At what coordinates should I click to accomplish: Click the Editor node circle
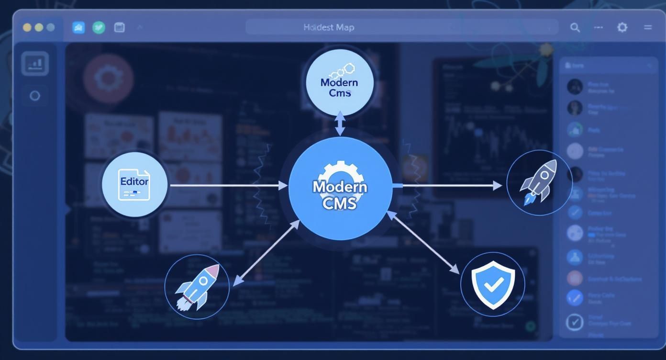[135, 185]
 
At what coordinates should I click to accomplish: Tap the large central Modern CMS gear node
[340, 188]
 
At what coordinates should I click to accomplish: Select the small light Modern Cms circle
[339, 81]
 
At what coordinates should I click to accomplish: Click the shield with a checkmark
[493, 284]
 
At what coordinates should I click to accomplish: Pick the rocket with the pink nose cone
[197, 287]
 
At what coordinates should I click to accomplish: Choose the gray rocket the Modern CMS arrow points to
[540, 183]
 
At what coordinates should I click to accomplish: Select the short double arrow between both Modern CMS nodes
[340, 124]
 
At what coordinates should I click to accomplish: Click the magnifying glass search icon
[575, 28]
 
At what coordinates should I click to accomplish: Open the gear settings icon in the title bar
[622, 27]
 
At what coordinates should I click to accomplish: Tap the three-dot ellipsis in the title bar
[599, 27]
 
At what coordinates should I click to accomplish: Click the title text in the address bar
[329, 27]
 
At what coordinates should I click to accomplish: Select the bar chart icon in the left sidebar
[35, 63]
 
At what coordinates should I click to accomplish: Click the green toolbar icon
[99, 27]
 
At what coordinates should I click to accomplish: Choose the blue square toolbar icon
[78, 27]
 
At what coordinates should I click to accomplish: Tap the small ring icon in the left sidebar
[35, 96]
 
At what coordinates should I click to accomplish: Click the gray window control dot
[50, 27]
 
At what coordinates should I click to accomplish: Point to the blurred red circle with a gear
[108, 78]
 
